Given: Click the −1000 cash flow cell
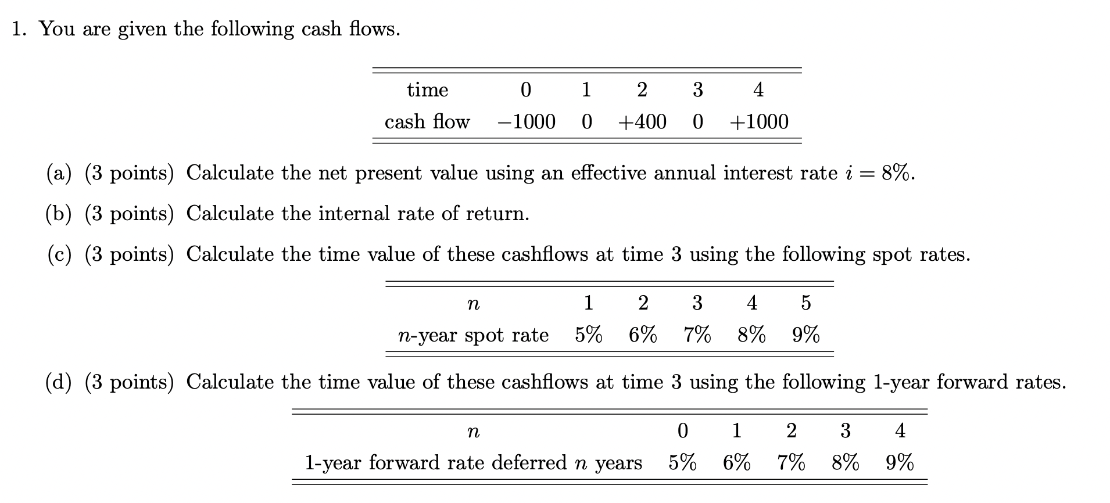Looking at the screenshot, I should click(526, 122).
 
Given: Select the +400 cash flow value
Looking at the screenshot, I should click(642, 122).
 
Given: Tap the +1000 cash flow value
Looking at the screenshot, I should click(758, 122).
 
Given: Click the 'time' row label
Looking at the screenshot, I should click(427, 90).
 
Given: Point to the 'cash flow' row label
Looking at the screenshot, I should click(427, 122).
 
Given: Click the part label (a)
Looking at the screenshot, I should click(59, 173).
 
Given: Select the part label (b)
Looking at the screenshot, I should click(59, 214).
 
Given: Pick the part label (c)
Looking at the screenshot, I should click(59, 254).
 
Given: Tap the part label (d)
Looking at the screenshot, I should click(59, 382).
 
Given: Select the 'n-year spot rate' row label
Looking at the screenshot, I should click(473, 335).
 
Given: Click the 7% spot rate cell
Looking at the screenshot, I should click(697, 335).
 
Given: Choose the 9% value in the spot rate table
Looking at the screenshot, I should click(805, 335).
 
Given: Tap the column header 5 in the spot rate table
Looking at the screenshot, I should click(805, 303).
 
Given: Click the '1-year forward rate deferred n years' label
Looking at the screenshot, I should click(474, 463).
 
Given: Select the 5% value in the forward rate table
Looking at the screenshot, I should click(682, 463).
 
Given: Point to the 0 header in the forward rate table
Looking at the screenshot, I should click(682, 430).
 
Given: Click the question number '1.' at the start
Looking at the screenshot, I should click(19, 29).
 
